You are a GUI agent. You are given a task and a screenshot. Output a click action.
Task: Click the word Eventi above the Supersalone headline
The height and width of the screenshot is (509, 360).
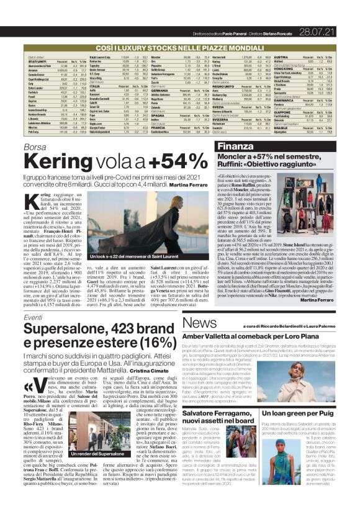tap(34, 317)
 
